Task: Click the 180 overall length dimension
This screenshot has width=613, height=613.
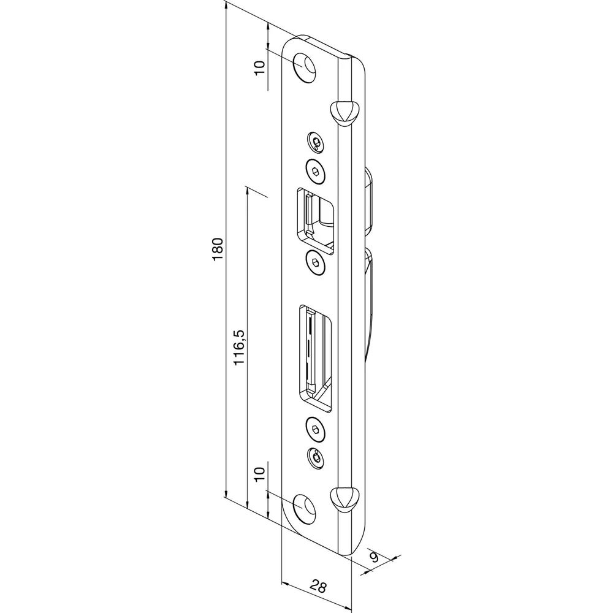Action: [218, 249]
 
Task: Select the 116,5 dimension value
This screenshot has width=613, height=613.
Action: [239, 347]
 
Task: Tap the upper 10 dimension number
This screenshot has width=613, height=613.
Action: [259, 68]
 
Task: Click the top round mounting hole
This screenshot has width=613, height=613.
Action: [305, 67]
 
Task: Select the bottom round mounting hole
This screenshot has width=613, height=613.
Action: [305, 509]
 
